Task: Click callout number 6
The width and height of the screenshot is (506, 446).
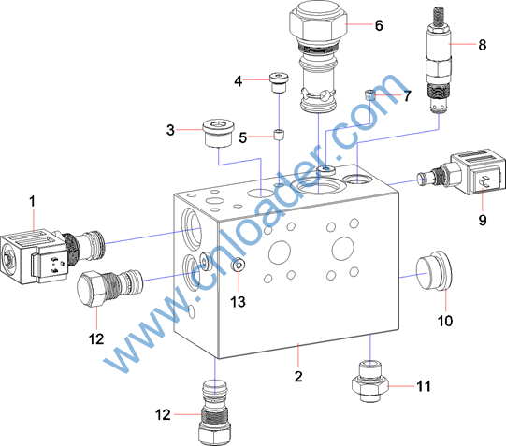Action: pyautogui.click(x=379, y=25)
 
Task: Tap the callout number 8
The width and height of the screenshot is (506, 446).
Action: pyautogui.click(x=482, y=45)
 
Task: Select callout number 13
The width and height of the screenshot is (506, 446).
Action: pyautogui.click(x=238, y=302)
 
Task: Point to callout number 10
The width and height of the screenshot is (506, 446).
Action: pyautogui.click(x=445, y=321)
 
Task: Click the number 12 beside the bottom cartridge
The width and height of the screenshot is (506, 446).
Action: pyautogui.click(x=163, y=415)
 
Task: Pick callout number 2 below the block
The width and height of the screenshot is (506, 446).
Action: pyautogui.click(x=298, y=377)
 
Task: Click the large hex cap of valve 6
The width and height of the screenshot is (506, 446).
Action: pyautogui.click(x=319, y=26)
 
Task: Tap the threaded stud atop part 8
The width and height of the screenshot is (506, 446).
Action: pyautogui.click(x=439, y=16)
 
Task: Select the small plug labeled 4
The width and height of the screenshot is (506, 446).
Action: pyautogui.click(x=279, y=82)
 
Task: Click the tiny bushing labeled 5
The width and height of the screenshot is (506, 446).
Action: pyautogui.click(x=279, y=134)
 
